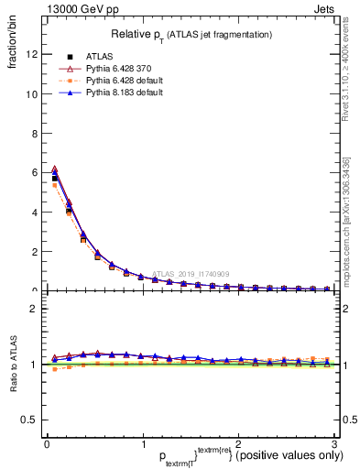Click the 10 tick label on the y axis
(x=30, y=93)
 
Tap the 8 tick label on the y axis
(x=33, y=133)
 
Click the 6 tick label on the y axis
(x=33, y=172)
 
